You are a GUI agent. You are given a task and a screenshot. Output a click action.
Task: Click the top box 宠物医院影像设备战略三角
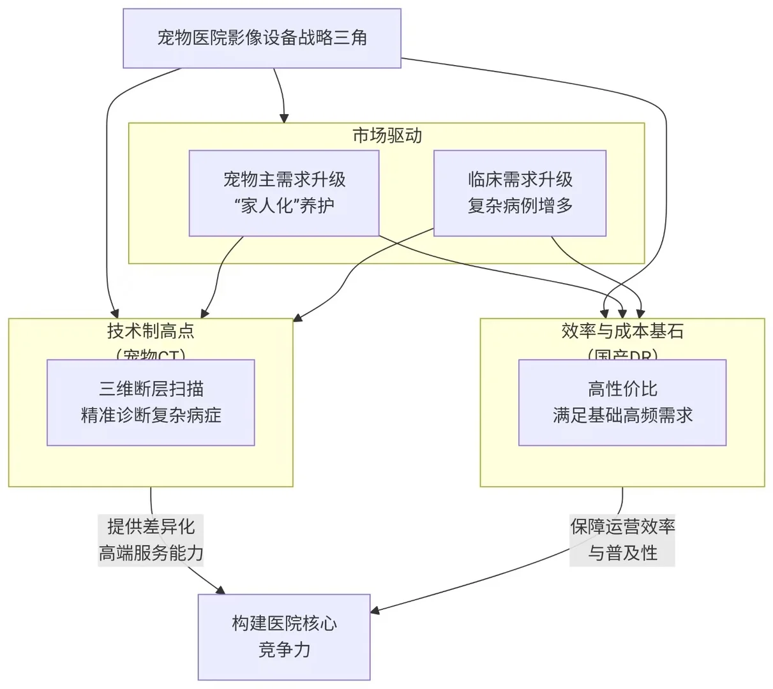pos(262,38)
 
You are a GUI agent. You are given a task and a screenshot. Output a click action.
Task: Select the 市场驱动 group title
pos(387,135)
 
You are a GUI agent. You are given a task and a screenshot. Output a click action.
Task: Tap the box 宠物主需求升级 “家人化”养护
pos(284,193)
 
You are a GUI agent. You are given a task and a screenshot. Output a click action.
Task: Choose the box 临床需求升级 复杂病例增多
pos(520,193)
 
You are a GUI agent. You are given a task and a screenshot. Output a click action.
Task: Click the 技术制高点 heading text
pos(151,331)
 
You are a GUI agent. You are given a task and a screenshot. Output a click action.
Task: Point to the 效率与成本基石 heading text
pos(622,331)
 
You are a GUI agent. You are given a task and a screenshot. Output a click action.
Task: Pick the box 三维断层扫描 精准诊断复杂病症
pos(151,402)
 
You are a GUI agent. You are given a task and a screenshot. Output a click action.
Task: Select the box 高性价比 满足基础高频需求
pos(622,402)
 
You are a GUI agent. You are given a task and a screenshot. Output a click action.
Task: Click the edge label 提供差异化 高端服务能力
pos(151,540)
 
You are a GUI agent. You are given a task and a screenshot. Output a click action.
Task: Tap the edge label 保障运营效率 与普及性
pos(622,540)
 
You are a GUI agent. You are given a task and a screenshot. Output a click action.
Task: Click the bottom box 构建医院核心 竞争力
pos(284,637)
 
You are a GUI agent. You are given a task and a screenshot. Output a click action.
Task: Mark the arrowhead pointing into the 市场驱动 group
pos(284,118)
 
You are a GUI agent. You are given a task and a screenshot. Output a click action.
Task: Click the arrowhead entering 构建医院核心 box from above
pos(221,590)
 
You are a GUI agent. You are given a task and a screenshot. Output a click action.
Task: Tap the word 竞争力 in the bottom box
pos(284,650)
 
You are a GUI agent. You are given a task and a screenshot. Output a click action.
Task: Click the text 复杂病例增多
pos(520,206)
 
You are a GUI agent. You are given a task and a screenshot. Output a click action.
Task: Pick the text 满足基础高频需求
pos(622,415)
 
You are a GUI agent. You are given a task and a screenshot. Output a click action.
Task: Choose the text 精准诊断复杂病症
pos(151,415)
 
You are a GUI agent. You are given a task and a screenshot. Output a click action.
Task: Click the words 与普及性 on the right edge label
pos(622,553)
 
